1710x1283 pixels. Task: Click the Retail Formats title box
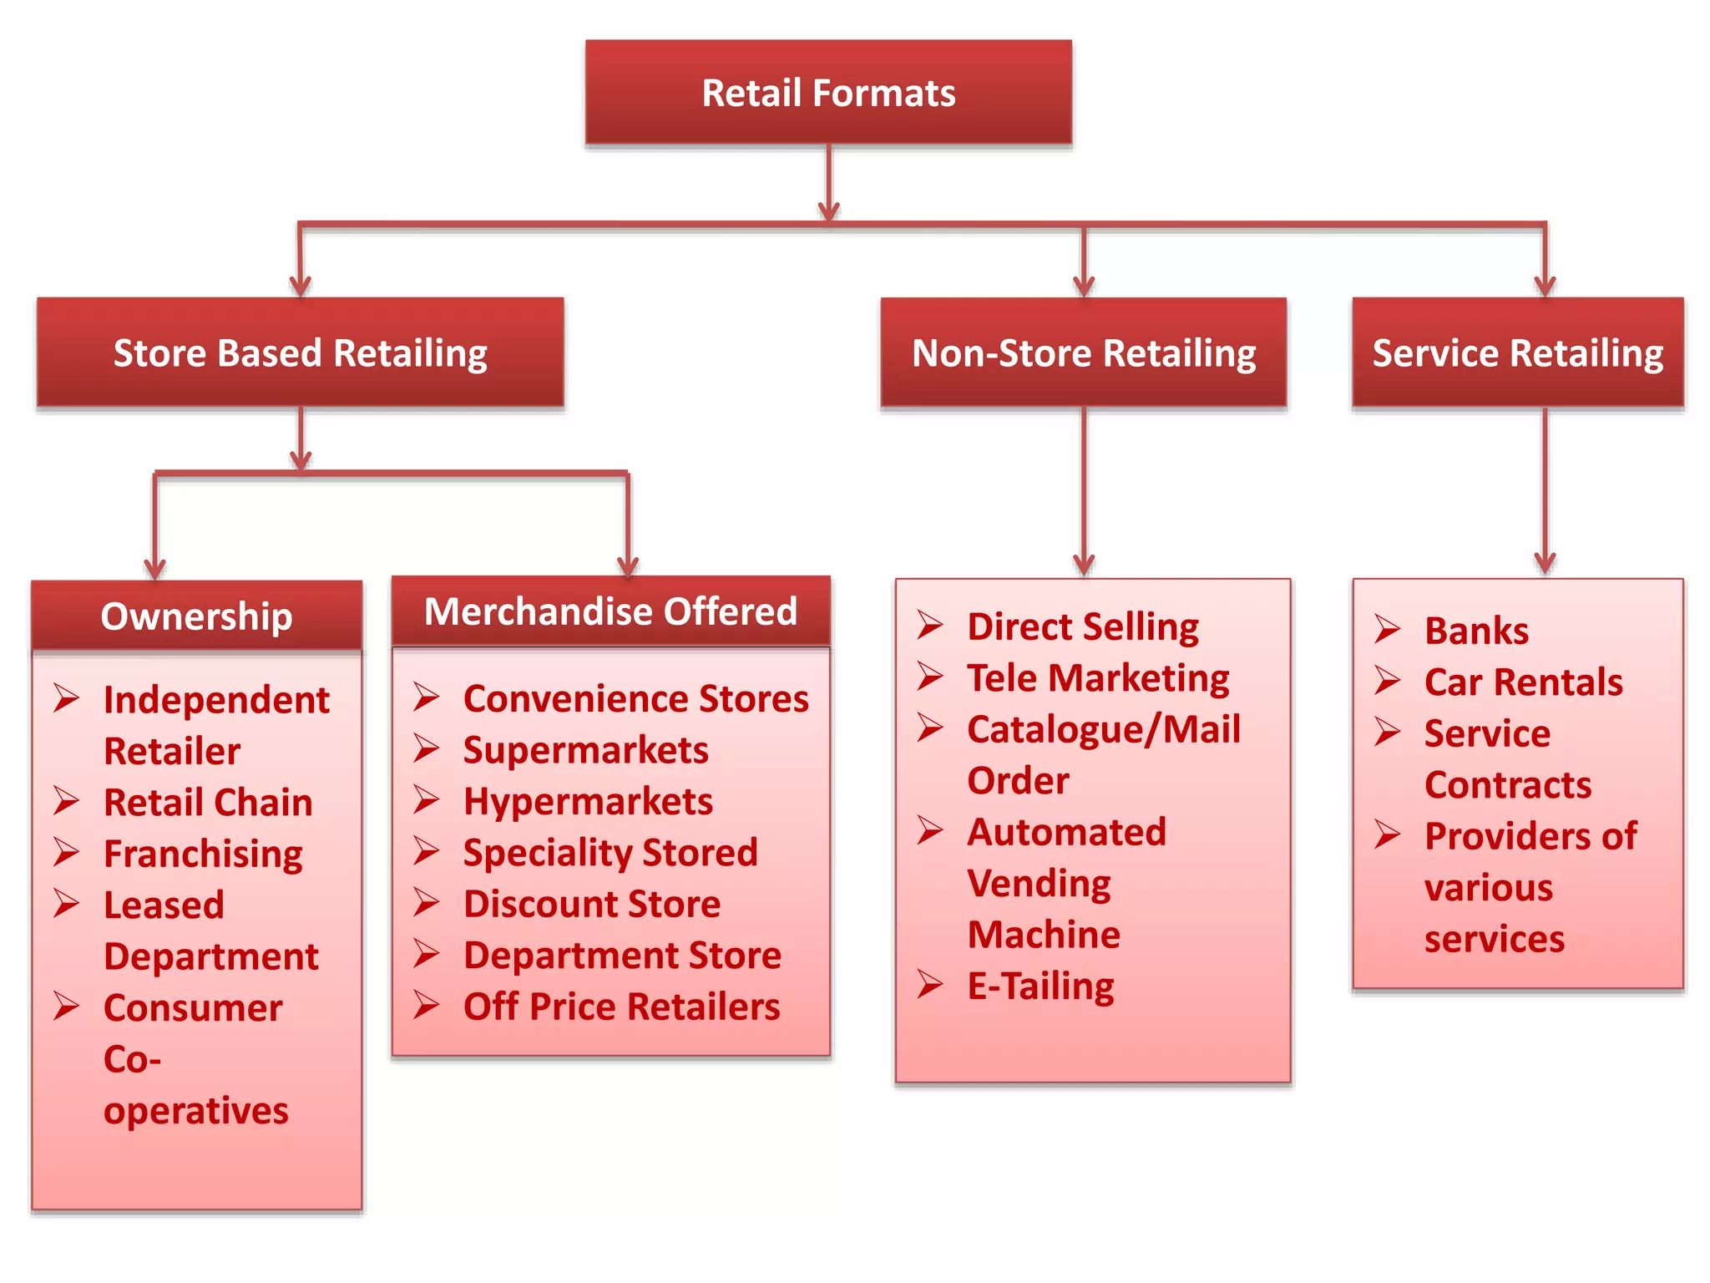828,93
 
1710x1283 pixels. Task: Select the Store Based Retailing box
300,352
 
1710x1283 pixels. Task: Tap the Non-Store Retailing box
1083,352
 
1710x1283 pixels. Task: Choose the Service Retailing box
1517,352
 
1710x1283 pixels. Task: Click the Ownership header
196,616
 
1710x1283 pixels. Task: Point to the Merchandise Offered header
610,611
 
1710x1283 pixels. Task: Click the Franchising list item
203,854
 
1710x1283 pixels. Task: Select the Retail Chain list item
208,803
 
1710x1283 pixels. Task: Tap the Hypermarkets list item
588,802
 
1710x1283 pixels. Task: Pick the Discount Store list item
592,905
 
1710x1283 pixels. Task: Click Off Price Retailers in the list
621,1007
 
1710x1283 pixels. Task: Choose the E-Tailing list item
1040,986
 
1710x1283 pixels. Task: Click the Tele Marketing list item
1098,678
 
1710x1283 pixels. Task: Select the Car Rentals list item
1523,682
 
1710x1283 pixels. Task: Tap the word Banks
1476,631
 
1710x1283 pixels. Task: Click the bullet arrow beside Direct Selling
929,625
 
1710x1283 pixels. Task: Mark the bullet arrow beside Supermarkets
426,748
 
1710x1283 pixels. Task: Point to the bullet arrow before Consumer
66,1007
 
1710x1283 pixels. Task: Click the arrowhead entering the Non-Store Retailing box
1084,287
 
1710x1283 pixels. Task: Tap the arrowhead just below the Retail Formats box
828,210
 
